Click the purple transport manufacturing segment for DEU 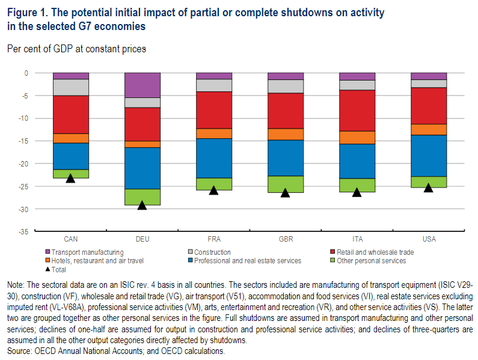pyautogui.click(x=142, y=85)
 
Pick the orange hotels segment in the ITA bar pyautogui.click(x=357, y=137)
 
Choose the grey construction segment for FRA pyautogui.click(x=214, y=85)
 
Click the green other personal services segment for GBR pyautogui.click(x=286, y=184)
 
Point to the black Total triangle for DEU pyautogui.click(x=142, y=206)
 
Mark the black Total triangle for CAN pyautogui.click(x=71, y=178)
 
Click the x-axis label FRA pyautogui.click(x=214, y=239)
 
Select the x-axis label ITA pyautogui.click(x=357, y=239)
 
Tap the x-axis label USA pyautogui.click(x=429, y=239)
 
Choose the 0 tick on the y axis pyautogui.click(x=26, y=73)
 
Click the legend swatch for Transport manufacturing pyautogui.click(x=47, y=252)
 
